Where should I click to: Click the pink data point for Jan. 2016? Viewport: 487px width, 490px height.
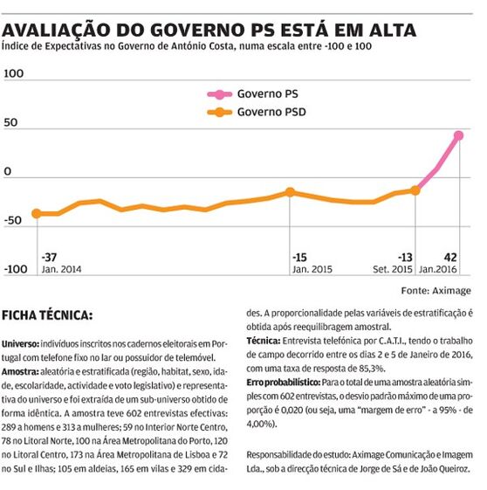click(458, 135)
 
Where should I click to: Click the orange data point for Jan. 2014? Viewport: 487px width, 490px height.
click(37, 214)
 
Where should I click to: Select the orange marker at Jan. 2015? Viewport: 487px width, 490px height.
click(290, 192)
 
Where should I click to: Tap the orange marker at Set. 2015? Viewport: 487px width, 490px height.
click(415, 190)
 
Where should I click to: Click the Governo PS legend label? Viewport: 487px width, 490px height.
click(268, 93)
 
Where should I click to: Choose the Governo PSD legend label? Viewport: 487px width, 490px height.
click(271, 112)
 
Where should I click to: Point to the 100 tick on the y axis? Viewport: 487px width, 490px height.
click(14, 73)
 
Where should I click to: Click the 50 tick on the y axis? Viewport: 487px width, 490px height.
click(10, 122)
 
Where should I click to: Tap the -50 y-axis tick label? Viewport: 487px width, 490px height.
click(13, 221)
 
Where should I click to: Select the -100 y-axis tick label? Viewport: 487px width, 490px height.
click(16, 269)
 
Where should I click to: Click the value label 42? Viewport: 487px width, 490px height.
click(450, 258)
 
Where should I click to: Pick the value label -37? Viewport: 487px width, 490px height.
click(50, 258)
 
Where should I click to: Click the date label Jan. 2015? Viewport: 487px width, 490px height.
click(312, 269)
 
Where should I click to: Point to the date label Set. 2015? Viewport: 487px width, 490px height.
click(393, 269)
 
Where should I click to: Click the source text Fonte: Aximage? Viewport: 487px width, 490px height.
click(436, 291)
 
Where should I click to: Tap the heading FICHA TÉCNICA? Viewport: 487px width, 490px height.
click(47, 315)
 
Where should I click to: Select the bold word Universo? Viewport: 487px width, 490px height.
click(20, 344)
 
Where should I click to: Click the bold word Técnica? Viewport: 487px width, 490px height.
click(264, 341)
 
